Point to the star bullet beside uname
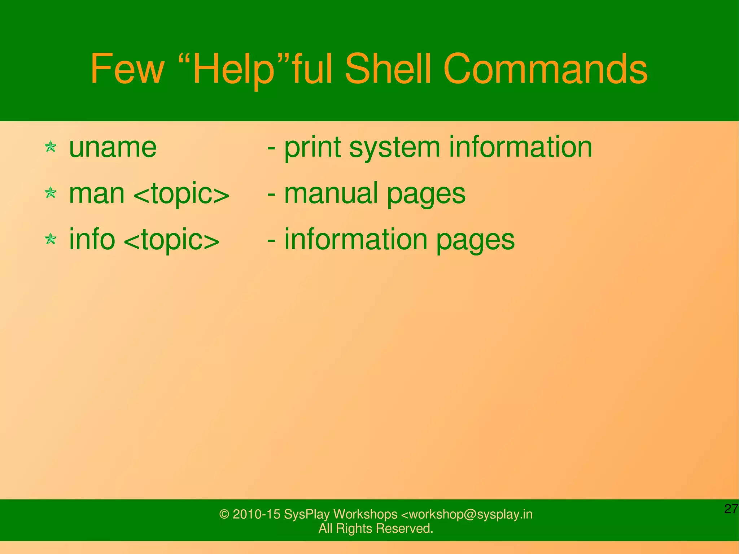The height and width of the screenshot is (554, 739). click(51, 147)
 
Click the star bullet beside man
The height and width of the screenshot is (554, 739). click(51, 193)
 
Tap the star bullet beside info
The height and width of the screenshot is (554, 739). click(51, 239)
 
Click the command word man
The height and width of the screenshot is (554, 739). click(97, 193)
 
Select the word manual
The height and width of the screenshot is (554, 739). click(331, 193)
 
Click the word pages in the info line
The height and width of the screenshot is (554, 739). click(475, 241)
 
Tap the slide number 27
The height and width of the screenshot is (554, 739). click(731, 509)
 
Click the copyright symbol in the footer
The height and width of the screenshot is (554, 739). click(224, 514)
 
